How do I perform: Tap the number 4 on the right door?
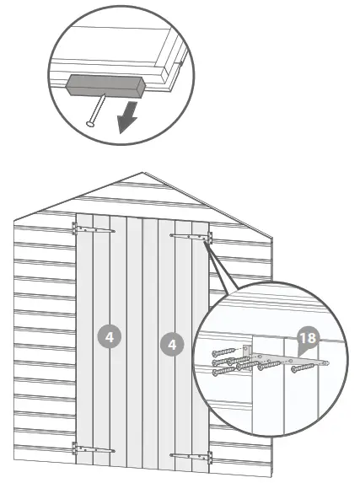tap(171, 344)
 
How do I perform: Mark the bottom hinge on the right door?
tap(193, 456)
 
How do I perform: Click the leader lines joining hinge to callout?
tap(221, 266)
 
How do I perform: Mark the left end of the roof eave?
tap(14, 221)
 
